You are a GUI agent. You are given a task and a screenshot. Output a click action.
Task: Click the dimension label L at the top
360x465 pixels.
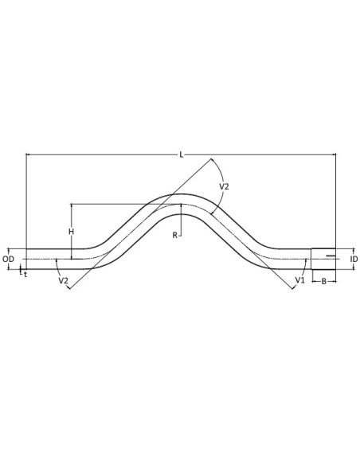coord(182,154)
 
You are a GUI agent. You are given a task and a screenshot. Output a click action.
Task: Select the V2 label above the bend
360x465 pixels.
coord(224,186)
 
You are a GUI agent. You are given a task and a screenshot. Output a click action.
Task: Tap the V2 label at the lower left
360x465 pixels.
coord(63,280)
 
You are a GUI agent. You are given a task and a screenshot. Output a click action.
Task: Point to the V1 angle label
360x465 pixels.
coord(299,280)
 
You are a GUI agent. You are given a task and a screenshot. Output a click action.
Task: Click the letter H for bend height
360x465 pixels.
coord(71,232)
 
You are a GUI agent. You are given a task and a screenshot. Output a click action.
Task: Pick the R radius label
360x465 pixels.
coord(175,235)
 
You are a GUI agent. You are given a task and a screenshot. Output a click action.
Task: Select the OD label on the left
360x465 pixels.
coord(8,260)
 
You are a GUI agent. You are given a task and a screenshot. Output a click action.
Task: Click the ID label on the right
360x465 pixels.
coord(354,260)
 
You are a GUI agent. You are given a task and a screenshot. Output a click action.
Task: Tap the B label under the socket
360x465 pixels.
coord(324,281)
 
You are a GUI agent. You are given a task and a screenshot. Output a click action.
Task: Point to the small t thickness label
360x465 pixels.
coord(25,275)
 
